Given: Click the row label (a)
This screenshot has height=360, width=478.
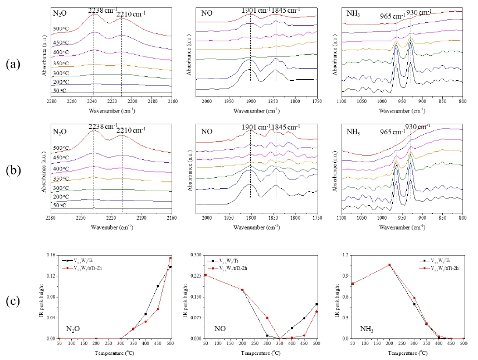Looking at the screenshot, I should point(13,64).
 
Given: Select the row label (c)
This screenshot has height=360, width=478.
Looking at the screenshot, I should point(13,301).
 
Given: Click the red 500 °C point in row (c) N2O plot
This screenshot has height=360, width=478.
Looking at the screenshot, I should point(170,258).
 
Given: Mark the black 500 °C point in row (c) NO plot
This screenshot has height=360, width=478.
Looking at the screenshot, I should point(316,304).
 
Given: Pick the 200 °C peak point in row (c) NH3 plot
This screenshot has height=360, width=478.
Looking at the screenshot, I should point(390,265).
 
